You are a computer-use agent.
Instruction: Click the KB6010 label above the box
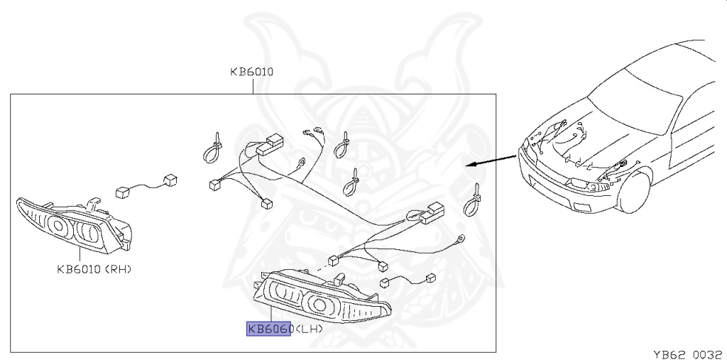(x=252, y=72)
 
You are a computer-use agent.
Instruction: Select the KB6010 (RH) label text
(x=94, y=269)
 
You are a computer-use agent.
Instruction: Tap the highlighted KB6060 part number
(x=269, y=329)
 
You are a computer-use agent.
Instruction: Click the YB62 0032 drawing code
(x=687, y=355)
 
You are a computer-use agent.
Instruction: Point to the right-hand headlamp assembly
(x=74, y=224)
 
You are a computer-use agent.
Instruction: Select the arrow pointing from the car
(x=491, y=160)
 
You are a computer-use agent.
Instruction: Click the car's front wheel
(x=634, y=192)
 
